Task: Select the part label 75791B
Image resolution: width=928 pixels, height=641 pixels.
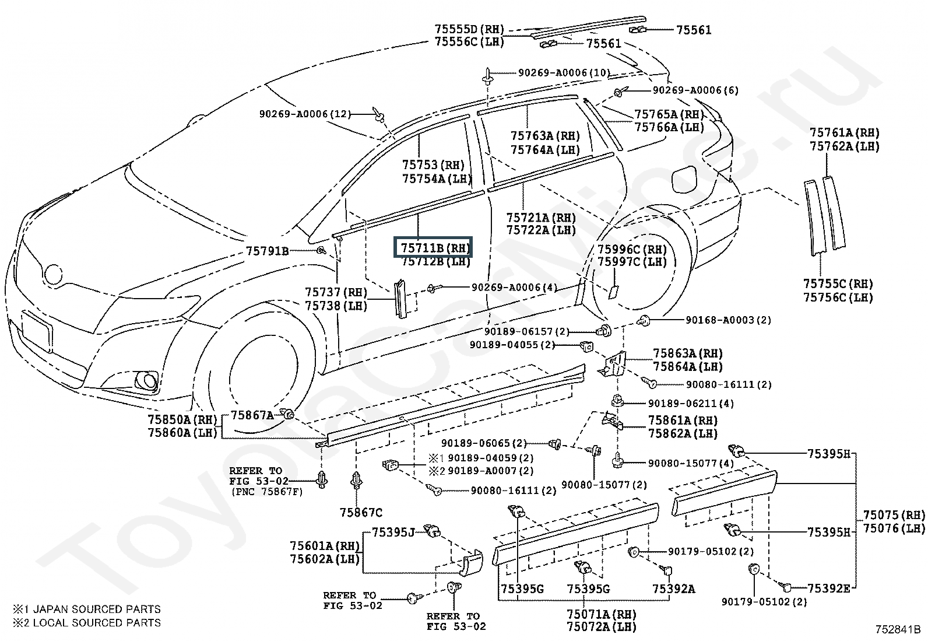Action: point(267,251)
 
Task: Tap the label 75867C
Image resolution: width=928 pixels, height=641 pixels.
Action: point(361,513)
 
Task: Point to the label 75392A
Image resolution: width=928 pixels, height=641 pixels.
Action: point(674,589)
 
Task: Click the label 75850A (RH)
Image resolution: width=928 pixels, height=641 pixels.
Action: point(182,419)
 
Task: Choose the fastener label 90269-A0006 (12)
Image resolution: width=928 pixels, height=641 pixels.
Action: point(305,114)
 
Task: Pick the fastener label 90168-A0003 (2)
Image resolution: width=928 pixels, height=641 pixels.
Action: point(728,320)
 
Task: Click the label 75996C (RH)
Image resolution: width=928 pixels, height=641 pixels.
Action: point(632,249)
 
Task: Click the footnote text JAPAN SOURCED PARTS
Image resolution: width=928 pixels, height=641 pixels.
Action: point(97,609)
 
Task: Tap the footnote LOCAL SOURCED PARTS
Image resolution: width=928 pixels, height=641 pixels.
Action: point(97,623)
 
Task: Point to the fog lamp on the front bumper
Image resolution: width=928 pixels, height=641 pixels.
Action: point(145,381)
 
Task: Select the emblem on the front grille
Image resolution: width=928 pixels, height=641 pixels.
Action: point(54,275)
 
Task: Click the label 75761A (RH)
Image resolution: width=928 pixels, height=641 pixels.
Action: point(844,132)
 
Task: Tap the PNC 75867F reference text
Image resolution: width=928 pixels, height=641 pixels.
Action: point(267,492)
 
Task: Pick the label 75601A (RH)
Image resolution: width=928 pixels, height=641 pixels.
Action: point(325,546)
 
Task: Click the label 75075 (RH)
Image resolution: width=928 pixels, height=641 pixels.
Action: point(894,515)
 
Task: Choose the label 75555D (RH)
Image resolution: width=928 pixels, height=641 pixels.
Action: point(469,29)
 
